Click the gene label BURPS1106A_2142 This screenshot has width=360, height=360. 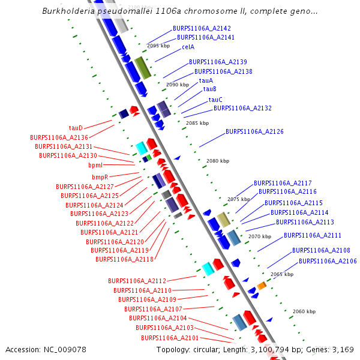[202, 28]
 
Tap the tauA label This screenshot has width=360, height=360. [206, 80]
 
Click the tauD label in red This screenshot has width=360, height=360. [76, 128]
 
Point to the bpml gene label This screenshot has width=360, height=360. [95, 165]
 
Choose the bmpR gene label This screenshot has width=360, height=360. [100, 177]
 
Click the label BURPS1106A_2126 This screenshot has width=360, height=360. [254, 131]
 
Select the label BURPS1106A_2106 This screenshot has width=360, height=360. [328, 261]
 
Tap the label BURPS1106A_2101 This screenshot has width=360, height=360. [170, 338]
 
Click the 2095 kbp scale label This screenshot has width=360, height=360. [158, 46]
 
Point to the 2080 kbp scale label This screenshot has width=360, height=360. [218, 161]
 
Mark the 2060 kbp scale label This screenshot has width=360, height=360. [304, 311]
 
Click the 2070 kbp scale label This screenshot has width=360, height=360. [260, 236]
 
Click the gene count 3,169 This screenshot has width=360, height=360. [342, 349]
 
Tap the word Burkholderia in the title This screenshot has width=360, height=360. [71, 11]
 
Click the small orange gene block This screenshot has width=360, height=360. [262, 285]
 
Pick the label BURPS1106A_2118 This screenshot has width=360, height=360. [124, 259]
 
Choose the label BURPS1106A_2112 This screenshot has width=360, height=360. [137, 281]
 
